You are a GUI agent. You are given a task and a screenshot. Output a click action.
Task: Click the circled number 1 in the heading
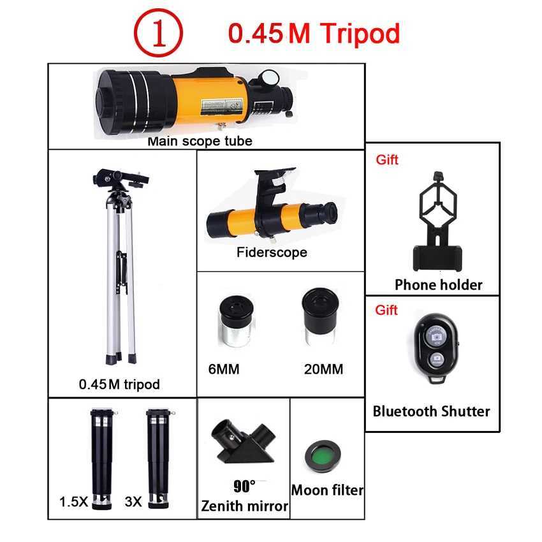pos(157,34)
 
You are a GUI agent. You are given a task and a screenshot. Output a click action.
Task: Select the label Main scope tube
pos(200,141)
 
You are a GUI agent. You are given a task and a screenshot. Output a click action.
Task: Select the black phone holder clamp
pos(437,221)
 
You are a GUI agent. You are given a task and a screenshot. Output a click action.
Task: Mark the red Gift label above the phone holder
pos(386,160)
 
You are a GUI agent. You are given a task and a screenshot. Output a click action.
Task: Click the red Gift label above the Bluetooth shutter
pos(386,310)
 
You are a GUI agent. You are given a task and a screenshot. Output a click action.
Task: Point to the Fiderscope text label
pos(272,252)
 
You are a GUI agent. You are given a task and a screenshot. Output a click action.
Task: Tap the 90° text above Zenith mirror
pos(244,487)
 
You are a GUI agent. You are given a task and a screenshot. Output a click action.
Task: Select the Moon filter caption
pos(327,490)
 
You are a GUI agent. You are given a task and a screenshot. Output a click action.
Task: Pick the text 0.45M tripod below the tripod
pos(119,384)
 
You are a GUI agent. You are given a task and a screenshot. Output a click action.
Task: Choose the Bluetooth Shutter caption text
pos(432,411)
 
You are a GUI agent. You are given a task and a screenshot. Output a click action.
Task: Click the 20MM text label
pos(323,369)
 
